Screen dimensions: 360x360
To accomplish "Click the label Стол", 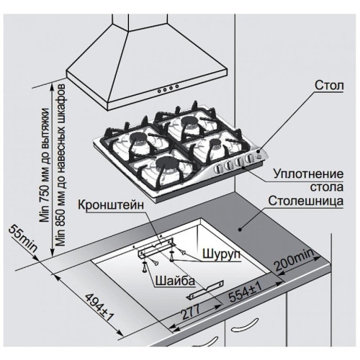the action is pyautogui.click(x=329, y=86).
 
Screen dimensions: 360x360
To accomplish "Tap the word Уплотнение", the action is pyautogui.click(x=308, y=174).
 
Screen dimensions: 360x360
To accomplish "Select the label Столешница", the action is pyautogui.click(x=306, y=201).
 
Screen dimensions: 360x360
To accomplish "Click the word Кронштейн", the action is pyautogui.click(x=111, y=205).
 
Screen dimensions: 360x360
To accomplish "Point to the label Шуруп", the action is pyautogui.click(x=221, y=254).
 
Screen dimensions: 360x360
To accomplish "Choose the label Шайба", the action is pyautogui.click(x=175, y=280).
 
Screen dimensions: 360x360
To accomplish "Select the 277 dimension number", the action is pyautogui.click(x=191, y=311).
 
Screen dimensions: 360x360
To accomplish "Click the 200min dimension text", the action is pyautogui.click(x=294, y=260).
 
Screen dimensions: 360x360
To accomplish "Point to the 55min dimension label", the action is pyautogui.click(x=23, y=239).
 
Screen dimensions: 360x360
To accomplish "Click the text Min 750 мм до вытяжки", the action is pyautogui.click(x=45, y=165).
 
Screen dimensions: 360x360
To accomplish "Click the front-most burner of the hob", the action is pyautogui.click(x=164, y=164).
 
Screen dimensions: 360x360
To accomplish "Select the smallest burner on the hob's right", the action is pyautogui.click(x=215, y=143).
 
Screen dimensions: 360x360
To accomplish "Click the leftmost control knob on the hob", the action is pyautogui.click(x=217, y=168).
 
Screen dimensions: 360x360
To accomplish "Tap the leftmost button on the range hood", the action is pyautogui.click(x=159, y=91).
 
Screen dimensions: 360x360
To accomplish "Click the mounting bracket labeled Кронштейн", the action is pyautogui.click(x=156, y=248).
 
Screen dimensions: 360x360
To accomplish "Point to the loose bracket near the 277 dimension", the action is pyautogui.click(x=205, y=289).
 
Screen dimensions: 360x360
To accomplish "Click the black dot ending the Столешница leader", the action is pyautogui.click(x=239, y=230).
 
